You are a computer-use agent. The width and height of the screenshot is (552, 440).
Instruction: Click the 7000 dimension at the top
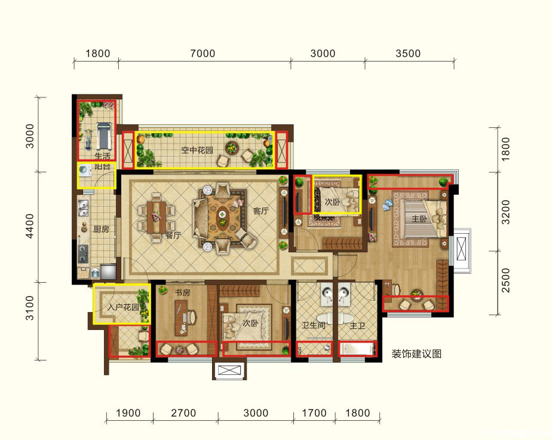click(x=203, y=54)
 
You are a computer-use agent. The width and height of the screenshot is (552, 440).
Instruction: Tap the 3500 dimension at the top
click(x=408, y=54)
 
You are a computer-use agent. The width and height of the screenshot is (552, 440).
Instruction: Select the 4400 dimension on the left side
click(x=30, y=226)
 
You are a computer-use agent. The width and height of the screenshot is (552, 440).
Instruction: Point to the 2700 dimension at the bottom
click(x=183, y=413)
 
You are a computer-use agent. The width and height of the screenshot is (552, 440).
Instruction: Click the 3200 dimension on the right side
click(x=505, y=212)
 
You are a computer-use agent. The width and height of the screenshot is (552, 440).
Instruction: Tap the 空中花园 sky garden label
click(x=197, y=150)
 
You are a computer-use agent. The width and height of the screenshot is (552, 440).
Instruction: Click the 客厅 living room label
click(x=261, y=210)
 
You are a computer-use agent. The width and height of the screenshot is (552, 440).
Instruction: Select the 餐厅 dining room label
click(x=173, y=235)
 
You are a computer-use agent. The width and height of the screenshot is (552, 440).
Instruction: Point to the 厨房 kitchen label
click(x=101, y=230)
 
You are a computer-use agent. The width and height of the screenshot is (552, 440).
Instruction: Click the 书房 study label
click(x=182, y=292)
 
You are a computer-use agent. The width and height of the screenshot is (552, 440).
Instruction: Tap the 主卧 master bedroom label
click(x=419, y=219)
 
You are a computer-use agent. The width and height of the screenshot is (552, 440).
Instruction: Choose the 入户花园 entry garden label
click(x=123, y=307)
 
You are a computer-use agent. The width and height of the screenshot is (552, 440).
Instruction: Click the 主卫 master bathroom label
click(x=357, y=326)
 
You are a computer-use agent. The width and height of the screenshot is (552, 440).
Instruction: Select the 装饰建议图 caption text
click(x=416, y=354)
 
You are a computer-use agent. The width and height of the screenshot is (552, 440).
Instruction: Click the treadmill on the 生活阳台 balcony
click(x=104, y=135)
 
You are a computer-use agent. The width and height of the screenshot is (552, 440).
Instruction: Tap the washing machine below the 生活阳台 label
click(x=85, y=170)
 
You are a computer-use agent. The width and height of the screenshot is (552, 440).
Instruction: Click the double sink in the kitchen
click(x=84, y=208)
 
